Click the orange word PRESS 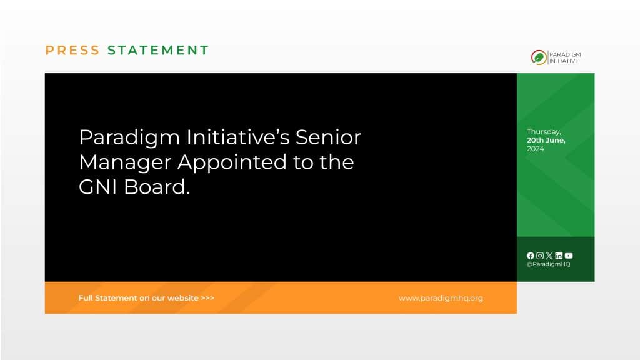coord(72,51)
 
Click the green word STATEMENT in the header coord(158,51)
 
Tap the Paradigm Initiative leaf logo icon coord(537,57)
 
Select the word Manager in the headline coord(125,162)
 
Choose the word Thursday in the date coord(544,132)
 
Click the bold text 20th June coord(546,140)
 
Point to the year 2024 coord(536,149)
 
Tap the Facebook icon coord(531,256)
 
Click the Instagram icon coord(540,256)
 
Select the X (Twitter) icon coord(549,256)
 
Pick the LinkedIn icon coord(559,256)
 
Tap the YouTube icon coord(568,256)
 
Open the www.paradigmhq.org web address coord(441,298)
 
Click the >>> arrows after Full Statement coord(207,298)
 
